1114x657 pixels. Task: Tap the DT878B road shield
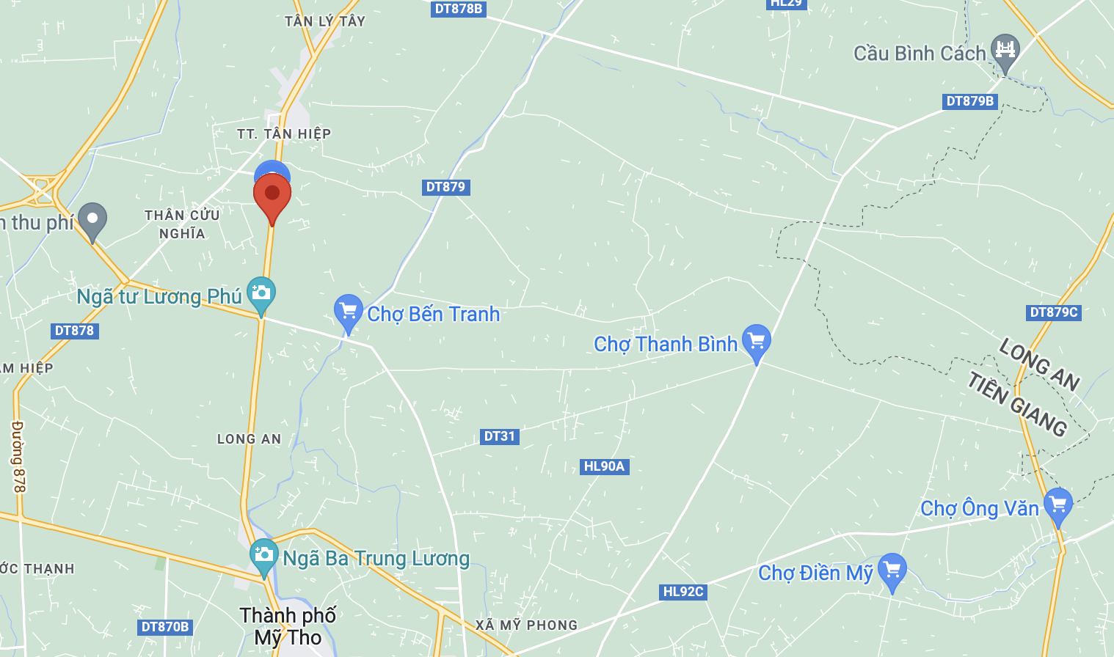click(x=458, y=9)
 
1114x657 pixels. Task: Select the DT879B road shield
click(x=969, y=101)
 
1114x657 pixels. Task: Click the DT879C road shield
click(x=1053, y=312)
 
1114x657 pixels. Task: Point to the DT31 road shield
click(x=500, y=436)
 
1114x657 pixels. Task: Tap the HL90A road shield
click(x=604, y=466)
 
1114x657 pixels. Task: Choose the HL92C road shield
click(x=682, y=592)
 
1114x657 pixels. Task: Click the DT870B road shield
click(x=165, y=627)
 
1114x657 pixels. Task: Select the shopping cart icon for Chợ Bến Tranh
click(x=348, y=311)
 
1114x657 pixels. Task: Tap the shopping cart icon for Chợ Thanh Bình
click(x=756, y=341)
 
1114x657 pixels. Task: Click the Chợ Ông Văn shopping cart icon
click(x=1057, y=504)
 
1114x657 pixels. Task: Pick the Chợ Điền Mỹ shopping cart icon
click(x=892, y=570)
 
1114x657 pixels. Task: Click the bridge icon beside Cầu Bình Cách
click(x=1005, y=50)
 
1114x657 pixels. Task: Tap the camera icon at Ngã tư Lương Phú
click(x=261, y=293)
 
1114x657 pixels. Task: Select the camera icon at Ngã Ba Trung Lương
click(x=263, y=555)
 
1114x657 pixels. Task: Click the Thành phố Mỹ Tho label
click(x=288, y=626)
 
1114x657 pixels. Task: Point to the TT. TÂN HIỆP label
click(x=284, y=133)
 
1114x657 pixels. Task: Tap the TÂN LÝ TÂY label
click(x=324, y=21)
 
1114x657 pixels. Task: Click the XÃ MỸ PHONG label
click(x=526, y=625)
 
